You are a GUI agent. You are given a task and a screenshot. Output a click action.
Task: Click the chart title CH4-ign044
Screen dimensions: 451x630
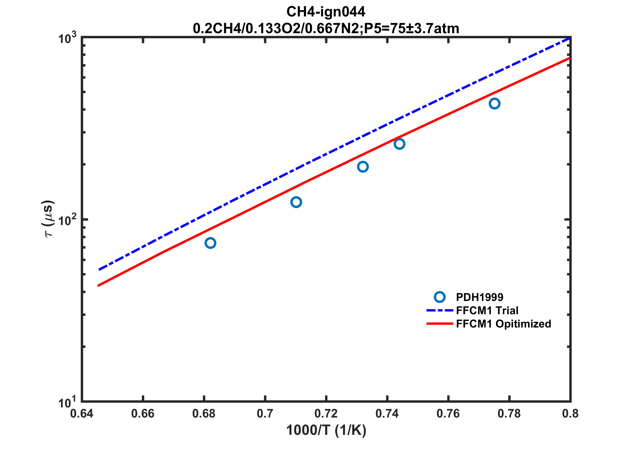326,12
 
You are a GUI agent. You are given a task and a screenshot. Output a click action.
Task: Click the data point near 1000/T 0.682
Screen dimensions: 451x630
210,243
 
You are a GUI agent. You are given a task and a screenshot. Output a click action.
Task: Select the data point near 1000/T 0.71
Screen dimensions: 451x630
296,202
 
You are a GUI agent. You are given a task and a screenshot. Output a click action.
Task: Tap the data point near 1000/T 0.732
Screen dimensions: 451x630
363,166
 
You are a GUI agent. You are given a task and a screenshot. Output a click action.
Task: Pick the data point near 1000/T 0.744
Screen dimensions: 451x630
399,144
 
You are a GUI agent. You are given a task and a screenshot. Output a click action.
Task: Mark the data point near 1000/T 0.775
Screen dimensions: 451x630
494,104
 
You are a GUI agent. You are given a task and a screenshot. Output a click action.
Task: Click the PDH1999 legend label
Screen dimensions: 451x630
480,297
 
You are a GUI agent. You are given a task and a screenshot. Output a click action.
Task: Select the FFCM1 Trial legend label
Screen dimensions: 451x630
487,310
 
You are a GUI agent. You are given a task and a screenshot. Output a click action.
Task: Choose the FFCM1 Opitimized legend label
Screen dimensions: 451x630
504,324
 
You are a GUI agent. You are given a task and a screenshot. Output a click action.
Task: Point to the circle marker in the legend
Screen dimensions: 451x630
440,297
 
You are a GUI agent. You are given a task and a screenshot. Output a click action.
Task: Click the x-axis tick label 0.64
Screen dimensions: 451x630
82,414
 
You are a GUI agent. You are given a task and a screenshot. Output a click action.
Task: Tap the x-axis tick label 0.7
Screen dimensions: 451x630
265,414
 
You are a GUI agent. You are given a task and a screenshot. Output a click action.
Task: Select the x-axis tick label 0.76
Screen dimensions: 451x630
448,414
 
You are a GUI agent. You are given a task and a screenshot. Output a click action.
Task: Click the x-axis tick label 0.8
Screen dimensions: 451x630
570,414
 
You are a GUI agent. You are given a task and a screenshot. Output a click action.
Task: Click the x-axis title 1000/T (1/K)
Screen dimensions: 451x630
326,430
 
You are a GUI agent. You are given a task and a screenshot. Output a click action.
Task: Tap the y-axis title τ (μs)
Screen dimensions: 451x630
48,219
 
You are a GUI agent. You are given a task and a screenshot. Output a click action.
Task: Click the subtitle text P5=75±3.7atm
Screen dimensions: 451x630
412,29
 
